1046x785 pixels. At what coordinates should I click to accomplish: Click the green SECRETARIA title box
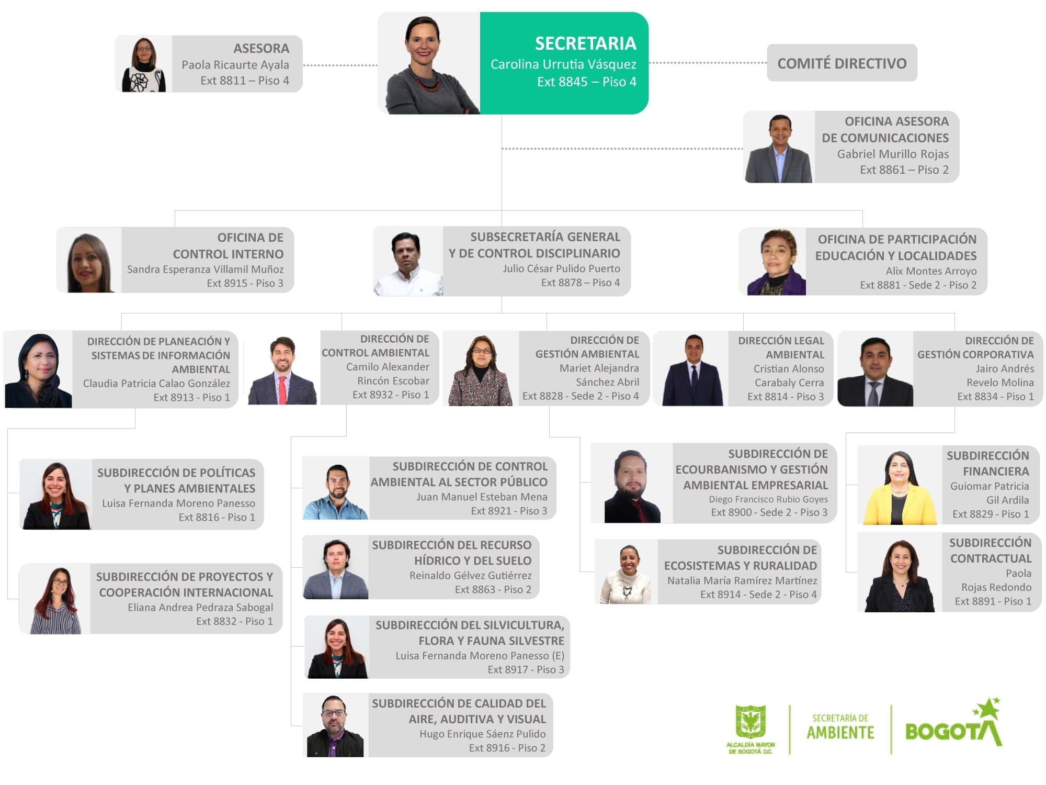(x=564, y=63)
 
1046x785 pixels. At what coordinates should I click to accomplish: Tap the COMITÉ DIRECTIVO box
(x=842, y=63)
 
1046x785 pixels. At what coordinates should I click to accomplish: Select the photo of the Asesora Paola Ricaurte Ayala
(x=144, y=64)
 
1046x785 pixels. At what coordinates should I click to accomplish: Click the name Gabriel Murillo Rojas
(x=892, y=154)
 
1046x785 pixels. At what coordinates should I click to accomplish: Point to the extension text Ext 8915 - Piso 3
(x=245, y=283)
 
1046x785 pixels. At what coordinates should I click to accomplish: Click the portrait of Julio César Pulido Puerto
(x=408, y=262)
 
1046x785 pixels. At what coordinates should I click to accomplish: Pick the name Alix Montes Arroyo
(x=931, y=271)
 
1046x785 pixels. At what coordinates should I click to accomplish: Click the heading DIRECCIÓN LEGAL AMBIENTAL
(x=781, y=347)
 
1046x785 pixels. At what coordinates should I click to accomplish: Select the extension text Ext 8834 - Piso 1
(x=995, y=397)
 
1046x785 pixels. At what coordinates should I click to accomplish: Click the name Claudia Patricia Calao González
(x=156, y=384)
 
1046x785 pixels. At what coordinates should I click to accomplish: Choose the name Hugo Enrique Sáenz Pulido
(x=482, y=734)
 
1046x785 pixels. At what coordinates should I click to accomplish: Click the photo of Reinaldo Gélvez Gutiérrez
(x=336, y=567)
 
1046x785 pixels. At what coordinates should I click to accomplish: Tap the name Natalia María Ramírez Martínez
(x=742, y=580)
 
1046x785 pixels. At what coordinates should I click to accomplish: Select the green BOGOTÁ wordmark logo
(x=953, y=727)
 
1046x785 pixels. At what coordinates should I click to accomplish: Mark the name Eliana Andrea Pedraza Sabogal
(x=200, y=608)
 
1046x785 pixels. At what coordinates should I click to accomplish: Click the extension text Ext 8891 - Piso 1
(x=993, y=601)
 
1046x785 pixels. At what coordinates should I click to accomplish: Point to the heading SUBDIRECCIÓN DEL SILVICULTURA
(x=470, y=625)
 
